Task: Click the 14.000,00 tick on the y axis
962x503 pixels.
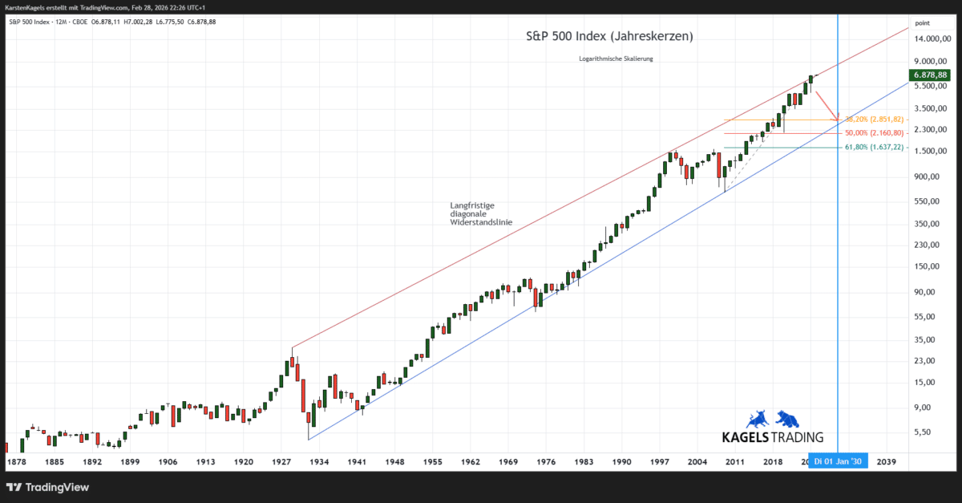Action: tap(932, 39)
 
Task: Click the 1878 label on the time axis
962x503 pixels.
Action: tap(16, 462)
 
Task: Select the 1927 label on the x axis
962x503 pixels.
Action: tap(281, 462)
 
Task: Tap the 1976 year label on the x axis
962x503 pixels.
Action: tap(546, 462)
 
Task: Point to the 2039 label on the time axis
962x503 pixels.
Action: tap(887, 462)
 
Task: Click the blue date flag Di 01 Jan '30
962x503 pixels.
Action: tap(838, 462)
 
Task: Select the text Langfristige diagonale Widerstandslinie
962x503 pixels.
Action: tap(481, 213)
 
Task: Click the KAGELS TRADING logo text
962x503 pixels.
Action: tap(773, 437)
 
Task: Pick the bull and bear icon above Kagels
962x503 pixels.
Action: tap(772, 419)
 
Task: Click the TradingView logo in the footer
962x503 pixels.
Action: tap(48, 487)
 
